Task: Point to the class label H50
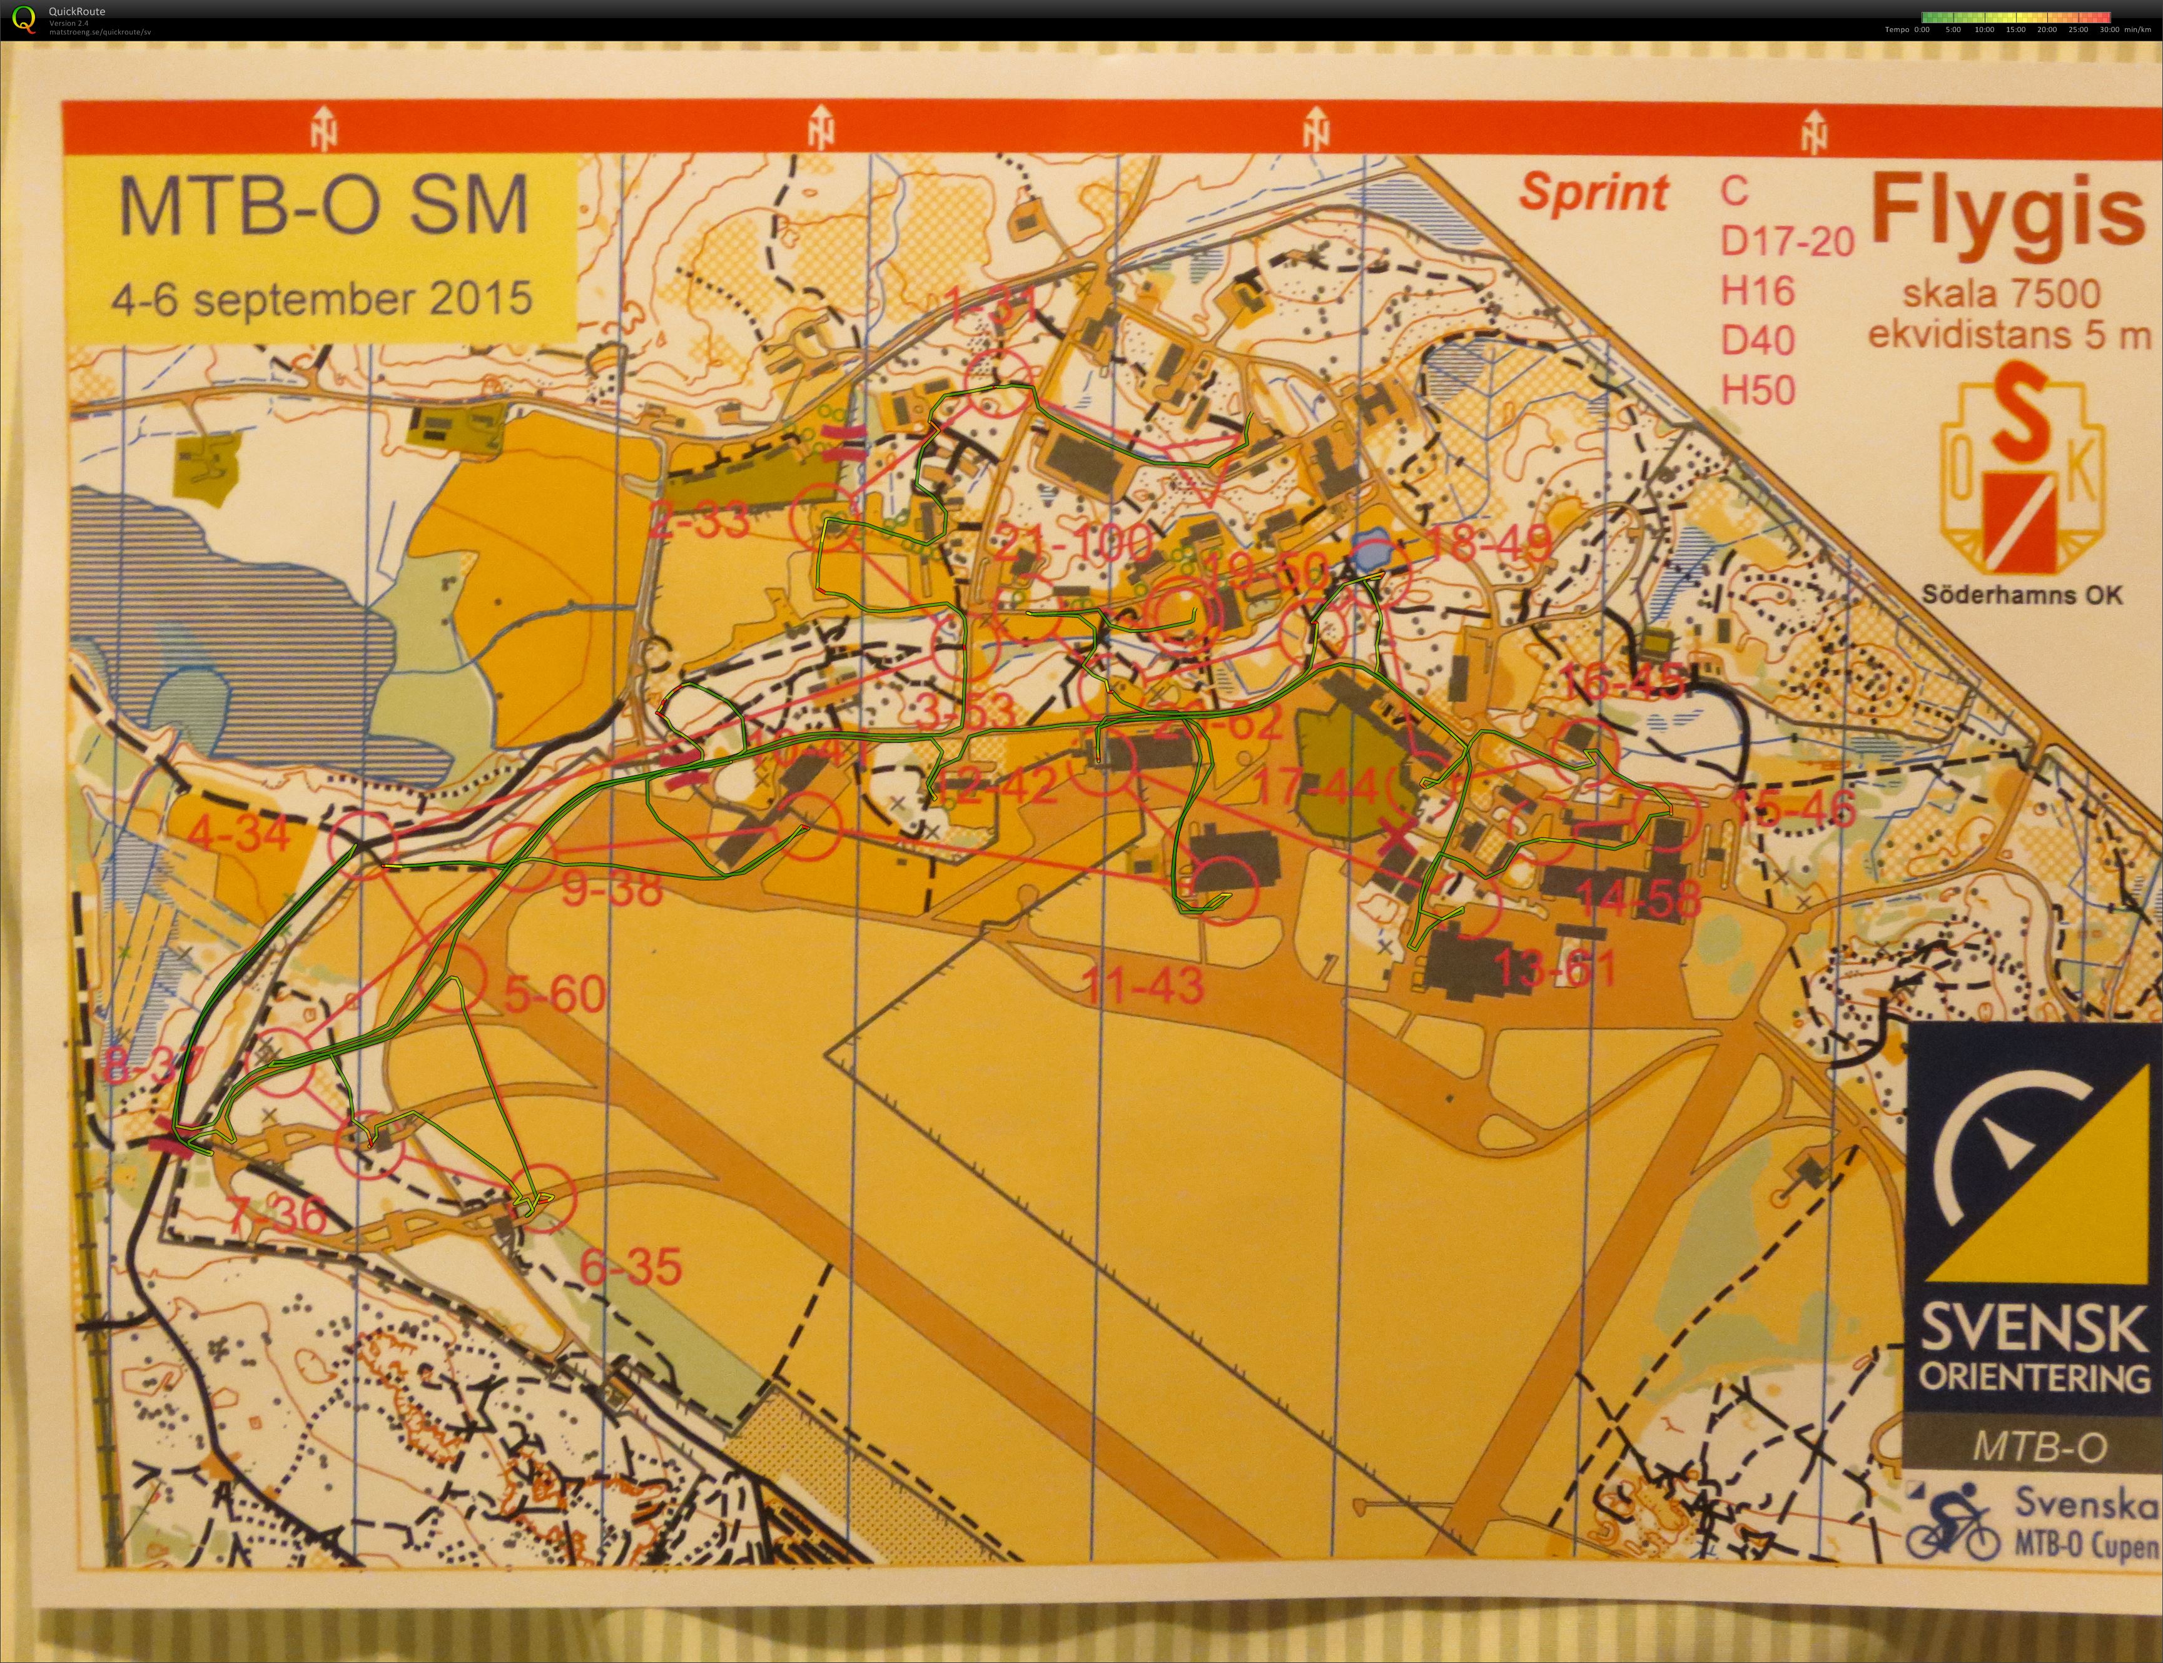[1758, 391]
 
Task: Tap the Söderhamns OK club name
[2022, 595]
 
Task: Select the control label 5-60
[554, 993]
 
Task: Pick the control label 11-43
[1143, 985]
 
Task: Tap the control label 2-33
[700, 518]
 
